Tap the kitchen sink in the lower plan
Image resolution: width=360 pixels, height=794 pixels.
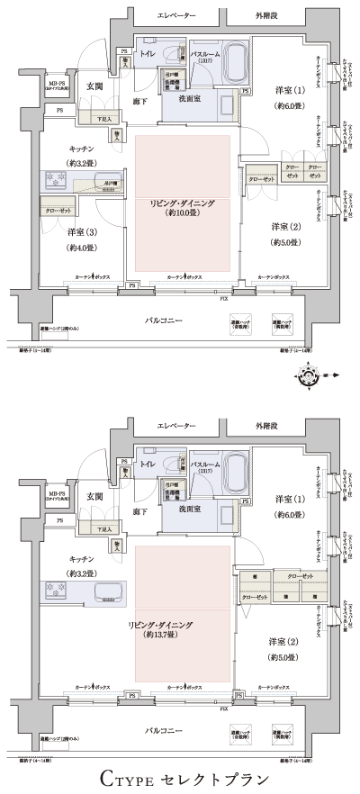[x=106, y=591]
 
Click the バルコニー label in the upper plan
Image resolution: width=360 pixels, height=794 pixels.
[x=168, y=320]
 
